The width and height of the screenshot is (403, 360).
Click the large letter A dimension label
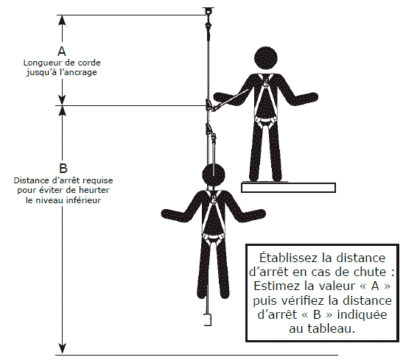pos(62,52)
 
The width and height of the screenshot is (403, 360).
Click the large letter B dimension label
pos(63,169)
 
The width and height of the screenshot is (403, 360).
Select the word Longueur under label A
pos(38,63)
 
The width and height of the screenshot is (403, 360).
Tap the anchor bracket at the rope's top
pos(208,11)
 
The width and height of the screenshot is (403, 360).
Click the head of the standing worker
pos(266,57)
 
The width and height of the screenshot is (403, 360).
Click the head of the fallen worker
pos(214,175)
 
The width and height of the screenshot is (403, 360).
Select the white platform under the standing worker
pos(288,188)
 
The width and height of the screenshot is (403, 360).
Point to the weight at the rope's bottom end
pos(208,320)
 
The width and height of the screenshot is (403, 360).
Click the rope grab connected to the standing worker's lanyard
pos(209,105)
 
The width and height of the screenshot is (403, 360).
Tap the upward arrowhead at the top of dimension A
pos(62,20)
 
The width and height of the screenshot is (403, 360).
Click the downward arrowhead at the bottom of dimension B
pos(63,348)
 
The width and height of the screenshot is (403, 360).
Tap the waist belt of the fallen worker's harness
pos(213,236)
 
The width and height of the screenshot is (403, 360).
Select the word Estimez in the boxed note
pos(276,286)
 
